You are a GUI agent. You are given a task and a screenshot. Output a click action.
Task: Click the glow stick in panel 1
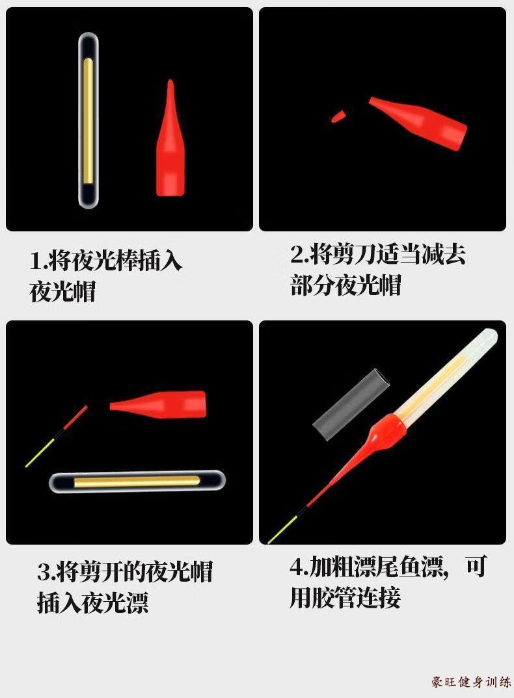88,120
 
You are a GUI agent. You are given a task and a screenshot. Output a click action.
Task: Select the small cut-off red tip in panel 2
338,117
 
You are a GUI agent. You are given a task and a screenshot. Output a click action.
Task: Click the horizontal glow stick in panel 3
137,482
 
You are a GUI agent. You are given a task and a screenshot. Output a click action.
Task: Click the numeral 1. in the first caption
38,261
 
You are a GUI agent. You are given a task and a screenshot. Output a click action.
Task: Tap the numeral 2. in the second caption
299,255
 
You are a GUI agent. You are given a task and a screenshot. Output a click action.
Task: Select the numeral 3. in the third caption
46,573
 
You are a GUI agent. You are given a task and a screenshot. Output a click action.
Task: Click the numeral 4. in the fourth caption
298,567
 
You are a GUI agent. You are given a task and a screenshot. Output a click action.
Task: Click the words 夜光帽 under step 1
62,292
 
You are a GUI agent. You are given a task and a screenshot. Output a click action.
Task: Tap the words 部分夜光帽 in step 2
345,285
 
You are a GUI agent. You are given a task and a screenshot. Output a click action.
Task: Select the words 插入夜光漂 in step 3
92,603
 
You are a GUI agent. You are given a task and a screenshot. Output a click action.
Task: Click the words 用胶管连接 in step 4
345,597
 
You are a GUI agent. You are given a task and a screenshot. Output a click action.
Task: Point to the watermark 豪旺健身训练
470,682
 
